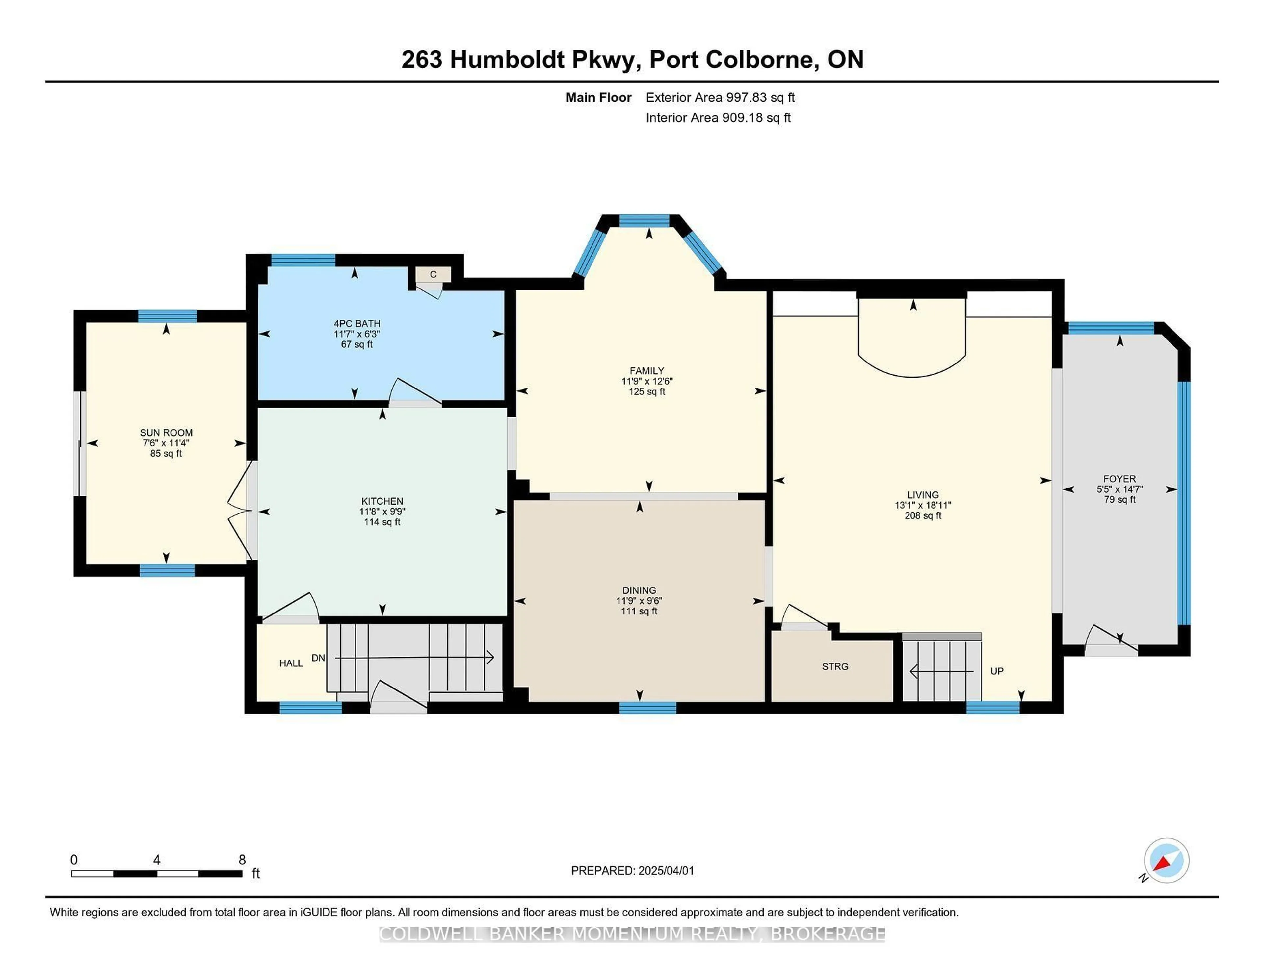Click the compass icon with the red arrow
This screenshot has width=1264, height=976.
pos(1166,860)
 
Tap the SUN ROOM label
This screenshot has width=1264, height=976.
pos(166,433)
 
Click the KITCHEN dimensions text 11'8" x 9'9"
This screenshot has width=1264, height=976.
pos(382,512)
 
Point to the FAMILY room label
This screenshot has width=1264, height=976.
pos(647,371)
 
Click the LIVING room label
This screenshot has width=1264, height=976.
pos(923,495)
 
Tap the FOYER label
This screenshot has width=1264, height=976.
pos(1119,479)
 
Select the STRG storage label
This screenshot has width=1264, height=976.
pos(835,666)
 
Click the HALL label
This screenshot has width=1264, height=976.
pos(291,663)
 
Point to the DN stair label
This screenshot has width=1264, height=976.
pos(318,658)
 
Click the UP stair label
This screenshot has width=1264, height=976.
pos(997,671)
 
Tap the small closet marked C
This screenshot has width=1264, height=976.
pos(433,274)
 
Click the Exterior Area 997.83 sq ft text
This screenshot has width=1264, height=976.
pos(721,97)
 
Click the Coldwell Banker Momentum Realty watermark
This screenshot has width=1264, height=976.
pos(632,934)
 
